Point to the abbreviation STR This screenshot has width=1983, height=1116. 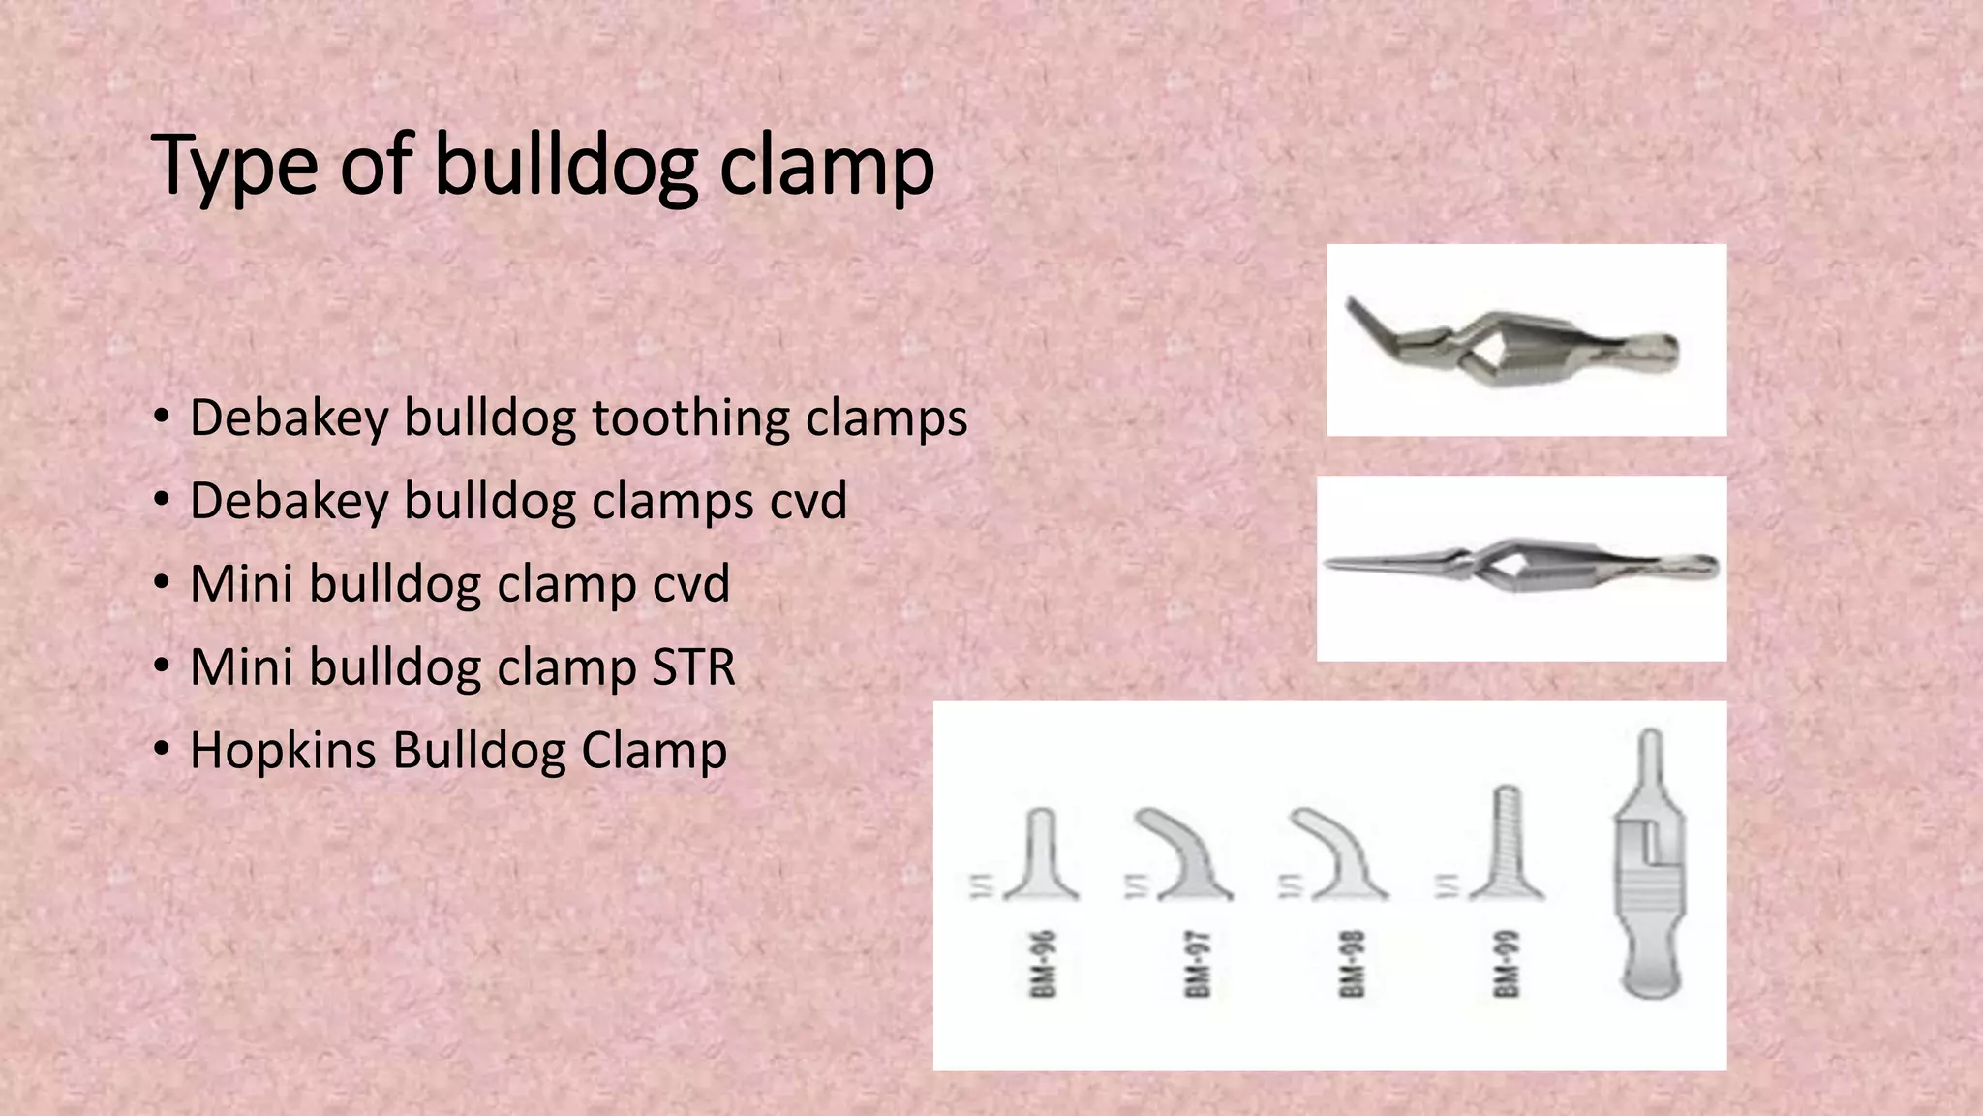coord(693,667)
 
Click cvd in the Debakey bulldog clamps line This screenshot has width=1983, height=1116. coord(808,501)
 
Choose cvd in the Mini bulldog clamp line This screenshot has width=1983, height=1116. coord(690,584)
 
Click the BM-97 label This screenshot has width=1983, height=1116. coord(1197,964)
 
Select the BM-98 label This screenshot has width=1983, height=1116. coord(1352,964)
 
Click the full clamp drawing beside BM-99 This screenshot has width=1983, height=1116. coord(1650,862)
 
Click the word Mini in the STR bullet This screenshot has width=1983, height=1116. coord(241,667)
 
